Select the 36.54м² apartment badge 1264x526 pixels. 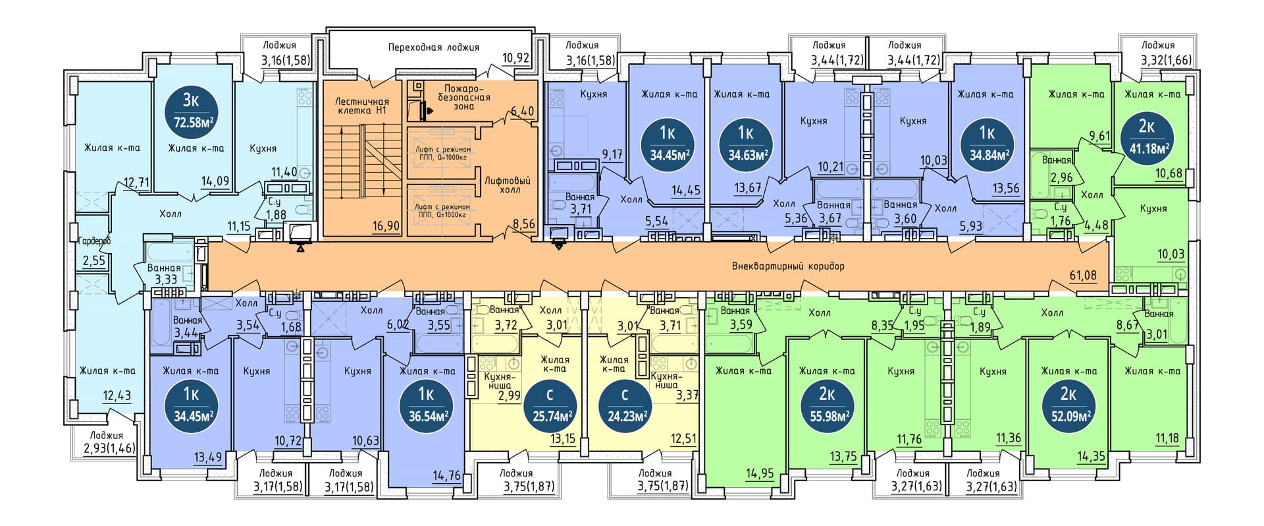pyautogui.click(x=425, y=405)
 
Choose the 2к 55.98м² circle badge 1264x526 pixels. pyautogui.click(x=827, y=405)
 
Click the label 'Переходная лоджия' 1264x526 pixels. pyautogui.click(x=433, y=47)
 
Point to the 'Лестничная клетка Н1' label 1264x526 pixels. pyautogui.click(x=361, y=106)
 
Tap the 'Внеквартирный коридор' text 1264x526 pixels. pyautogui.click(x=788, y=266)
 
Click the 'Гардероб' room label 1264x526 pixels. pyautogui.click(x=93, y=241)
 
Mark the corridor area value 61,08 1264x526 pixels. pyautogui.click(x=1082, y=275)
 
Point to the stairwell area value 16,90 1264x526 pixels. pyautogui.click(x=386, y=226)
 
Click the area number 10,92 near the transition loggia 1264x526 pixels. pyautogui.click(x=515, y=58)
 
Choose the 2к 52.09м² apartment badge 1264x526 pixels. pyautogui.click(x=1068, y=405)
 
